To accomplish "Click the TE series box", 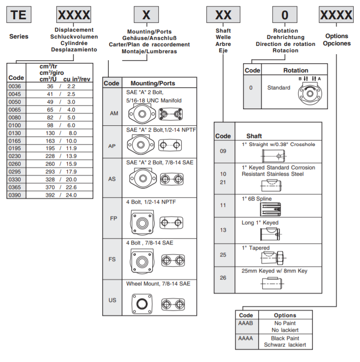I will (19, 15).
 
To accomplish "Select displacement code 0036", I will (16, 86).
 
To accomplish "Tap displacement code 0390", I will (16, 195).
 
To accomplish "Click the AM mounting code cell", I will (112, 113).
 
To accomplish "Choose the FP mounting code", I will (113, 218).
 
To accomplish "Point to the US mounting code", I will (112, 300).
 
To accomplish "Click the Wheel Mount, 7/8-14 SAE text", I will (158, 284).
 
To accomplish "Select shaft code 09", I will (223, 150).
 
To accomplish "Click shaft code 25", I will (223, 255).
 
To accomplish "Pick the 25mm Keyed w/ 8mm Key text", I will (274, 271).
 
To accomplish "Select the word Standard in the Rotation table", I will (279, 88).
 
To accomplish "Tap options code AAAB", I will (246, 323).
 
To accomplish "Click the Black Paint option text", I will (285, 338).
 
